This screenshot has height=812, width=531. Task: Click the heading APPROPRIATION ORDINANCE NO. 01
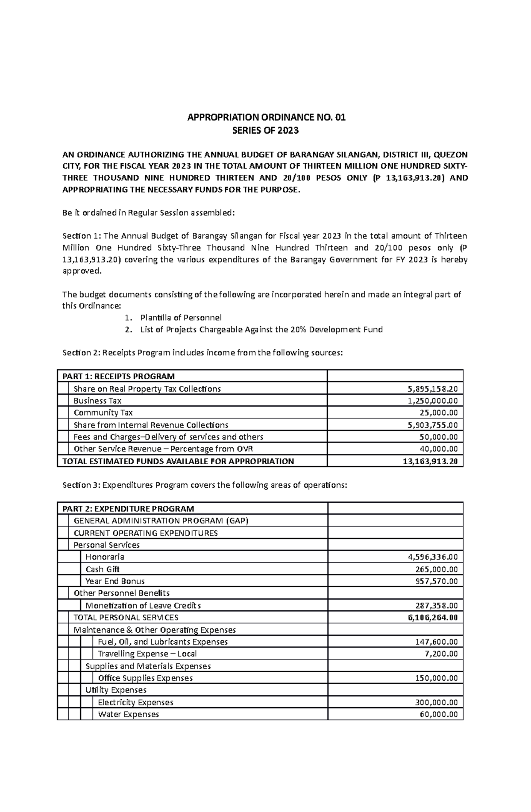(266, 117)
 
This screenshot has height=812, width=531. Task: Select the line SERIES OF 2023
(266, 131)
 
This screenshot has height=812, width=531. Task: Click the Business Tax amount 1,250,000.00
(433, 401)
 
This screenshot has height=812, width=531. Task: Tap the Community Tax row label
(103, 413)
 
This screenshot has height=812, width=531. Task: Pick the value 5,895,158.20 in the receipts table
(433, 389)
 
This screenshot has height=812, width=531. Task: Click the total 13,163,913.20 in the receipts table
(430, 462)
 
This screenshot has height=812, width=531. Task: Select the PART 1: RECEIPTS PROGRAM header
(119, 377)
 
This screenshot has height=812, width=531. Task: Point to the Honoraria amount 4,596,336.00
(433, 557)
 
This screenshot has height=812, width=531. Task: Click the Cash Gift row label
(103, 570)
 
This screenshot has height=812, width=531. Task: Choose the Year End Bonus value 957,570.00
(436, 581)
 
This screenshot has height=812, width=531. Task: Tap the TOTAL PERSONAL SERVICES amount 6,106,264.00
(433, 618)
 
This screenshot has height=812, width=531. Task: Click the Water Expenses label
(128, 715)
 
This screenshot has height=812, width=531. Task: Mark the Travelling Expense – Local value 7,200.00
(442, 654)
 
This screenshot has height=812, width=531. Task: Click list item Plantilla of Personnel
(181, 318)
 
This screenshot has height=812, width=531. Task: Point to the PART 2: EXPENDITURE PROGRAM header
(128, 509)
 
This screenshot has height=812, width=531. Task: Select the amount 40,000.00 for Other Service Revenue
(439, 449)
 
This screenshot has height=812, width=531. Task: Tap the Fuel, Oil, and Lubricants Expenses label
(162, 642)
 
